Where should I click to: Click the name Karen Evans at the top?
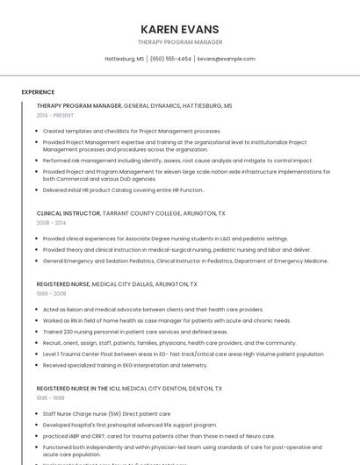179,29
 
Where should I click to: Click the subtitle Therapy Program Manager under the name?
179,42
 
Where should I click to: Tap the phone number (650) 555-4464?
170,59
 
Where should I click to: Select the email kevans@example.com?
226,59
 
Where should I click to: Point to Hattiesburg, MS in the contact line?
124,59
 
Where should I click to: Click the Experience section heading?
38,92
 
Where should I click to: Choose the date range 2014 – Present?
55,115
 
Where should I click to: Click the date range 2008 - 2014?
51,223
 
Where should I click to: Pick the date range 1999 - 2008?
50,294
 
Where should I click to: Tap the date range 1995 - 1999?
50,397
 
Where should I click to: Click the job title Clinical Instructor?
68,213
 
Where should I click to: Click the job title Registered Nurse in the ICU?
78,388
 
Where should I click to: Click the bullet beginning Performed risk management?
177,161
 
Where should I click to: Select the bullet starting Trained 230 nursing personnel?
135,332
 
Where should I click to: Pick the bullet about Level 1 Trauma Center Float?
183,354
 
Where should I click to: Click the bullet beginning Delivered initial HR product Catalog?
123,190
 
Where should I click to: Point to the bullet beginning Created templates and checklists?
132,131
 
